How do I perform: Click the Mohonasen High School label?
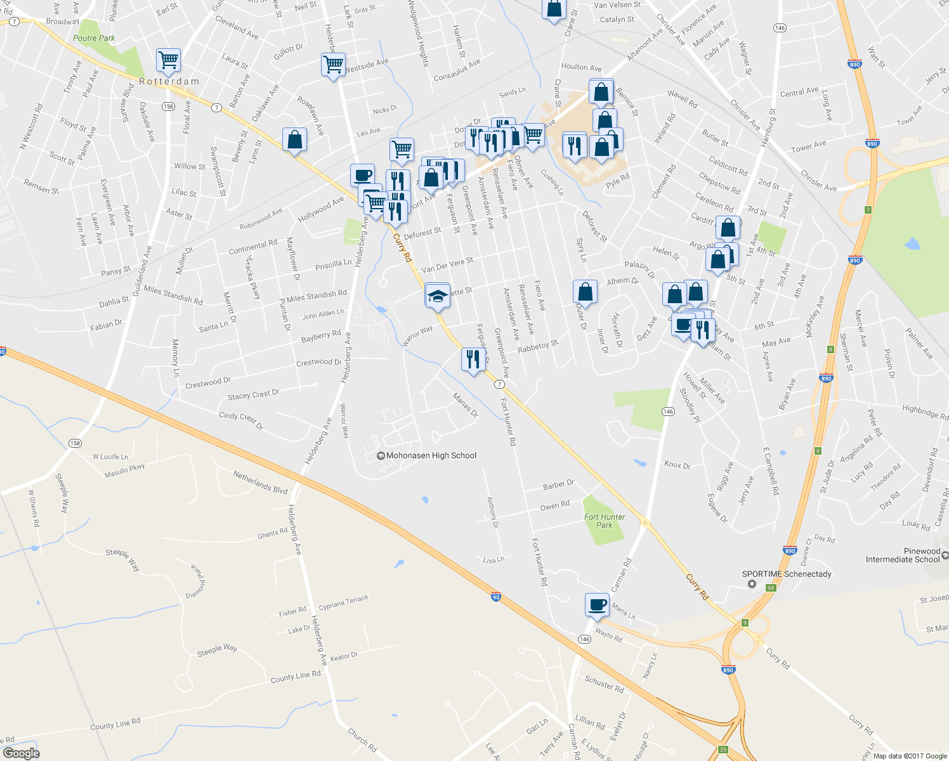tap(431, 455)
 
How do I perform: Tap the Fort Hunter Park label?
tap(605, 521)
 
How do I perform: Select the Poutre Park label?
tap(94, 38)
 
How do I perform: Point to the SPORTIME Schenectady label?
tap(787, 574)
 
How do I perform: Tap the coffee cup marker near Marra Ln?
tap(596, 604)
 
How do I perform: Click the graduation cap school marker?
tap(437, 296)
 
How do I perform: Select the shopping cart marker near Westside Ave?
tap(333, 64)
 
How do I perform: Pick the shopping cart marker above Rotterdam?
tap(168, 61)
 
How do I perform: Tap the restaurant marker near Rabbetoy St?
tap(473, 360)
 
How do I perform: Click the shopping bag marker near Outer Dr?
tap(585, 292)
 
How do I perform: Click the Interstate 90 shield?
tap(496, 597)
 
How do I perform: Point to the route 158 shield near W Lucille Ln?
tap(75, 443)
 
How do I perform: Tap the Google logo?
tap(21, 753)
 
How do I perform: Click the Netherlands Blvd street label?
tap(260, 483)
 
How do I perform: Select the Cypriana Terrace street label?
tap(343, 602)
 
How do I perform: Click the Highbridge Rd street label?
tap(925, 412)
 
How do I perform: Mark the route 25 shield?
tap(723, 750)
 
